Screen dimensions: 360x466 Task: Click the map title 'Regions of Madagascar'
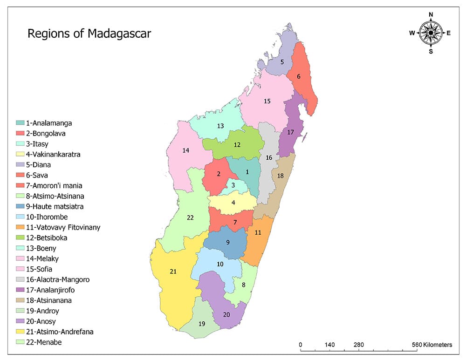point(89,34)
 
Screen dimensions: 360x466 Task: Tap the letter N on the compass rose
point(431,14)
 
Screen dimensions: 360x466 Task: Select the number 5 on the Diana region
point(282,61)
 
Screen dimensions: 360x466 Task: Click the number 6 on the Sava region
point(298,76)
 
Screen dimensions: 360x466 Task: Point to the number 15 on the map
point(267,101)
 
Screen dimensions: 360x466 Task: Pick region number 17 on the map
point(290,132)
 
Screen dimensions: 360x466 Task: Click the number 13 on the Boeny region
point(220,126)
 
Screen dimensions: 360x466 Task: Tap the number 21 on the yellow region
point(173,272)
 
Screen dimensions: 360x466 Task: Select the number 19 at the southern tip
point(202,324)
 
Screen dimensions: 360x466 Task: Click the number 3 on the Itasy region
point(233,185)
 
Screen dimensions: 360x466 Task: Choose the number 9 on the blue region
point(227,242)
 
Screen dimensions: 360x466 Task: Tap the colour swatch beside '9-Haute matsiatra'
point(21,206)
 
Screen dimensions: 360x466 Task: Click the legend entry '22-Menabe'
point(45,342)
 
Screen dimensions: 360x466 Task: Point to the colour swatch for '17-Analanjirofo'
point(21,290)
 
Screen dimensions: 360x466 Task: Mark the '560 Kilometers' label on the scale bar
point(432,345)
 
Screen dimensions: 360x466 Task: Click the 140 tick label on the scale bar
point(329,345)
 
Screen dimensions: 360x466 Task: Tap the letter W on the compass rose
point(412,33)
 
